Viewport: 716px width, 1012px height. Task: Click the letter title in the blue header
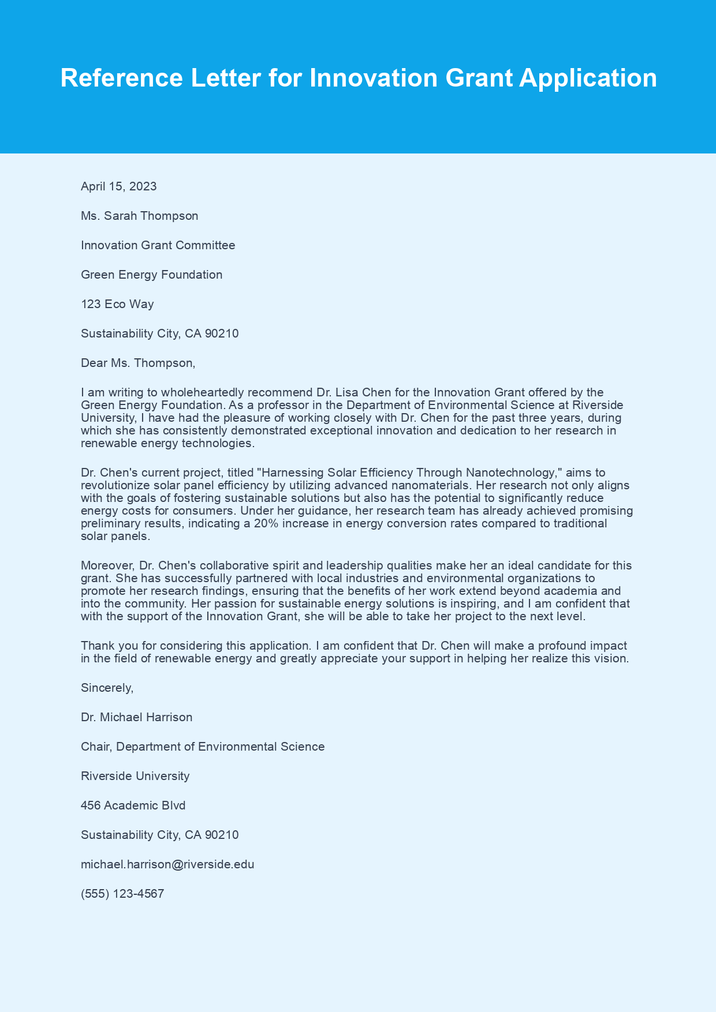click(x=358, y=78)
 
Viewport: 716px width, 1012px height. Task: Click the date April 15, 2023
click(x=118, y=186)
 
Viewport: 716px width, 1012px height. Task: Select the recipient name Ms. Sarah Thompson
click(x=139, y=216)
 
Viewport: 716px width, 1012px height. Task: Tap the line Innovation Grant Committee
click(x=158, y=245)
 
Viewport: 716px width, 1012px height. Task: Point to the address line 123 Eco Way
click(x=117, y=304)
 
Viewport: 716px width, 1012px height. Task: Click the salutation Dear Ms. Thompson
click(x=138, y=363)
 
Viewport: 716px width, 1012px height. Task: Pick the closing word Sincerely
click(x=107, y=688)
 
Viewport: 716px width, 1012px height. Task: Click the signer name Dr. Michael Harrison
click(x=136, y=717)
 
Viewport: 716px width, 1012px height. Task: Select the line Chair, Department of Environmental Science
click(x=203, y=747)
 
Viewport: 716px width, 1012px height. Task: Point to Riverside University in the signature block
click(x=135, y=776)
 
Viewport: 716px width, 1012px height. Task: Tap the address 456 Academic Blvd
click(x=133, y=805)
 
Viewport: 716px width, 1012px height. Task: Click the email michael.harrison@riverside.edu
click(x=167, y=864)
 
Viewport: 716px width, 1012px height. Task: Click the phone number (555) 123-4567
click(x=122, y=894)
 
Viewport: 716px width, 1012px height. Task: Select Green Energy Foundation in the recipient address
click(x=151, y=275)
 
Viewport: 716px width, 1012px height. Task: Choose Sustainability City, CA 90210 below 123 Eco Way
click(x=159, y=333)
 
